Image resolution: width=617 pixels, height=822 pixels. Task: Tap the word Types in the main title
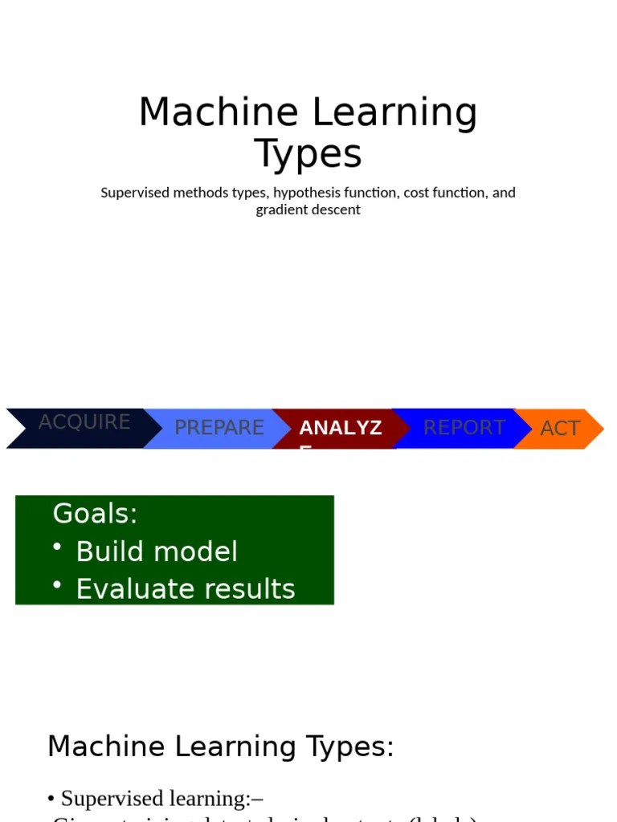[x=308, y=154]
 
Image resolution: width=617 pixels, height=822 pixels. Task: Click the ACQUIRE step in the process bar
[x=84, y=423]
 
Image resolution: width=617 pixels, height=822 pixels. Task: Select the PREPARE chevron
[x=219, y=428]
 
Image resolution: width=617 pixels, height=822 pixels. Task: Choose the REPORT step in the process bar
[x=464, y=428]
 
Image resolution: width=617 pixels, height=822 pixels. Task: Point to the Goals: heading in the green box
[x=95, y=513]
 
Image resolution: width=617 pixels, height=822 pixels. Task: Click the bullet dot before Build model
[x=58, y=547]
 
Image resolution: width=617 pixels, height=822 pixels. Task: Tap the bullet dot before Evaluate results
[x=58, y=584]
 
